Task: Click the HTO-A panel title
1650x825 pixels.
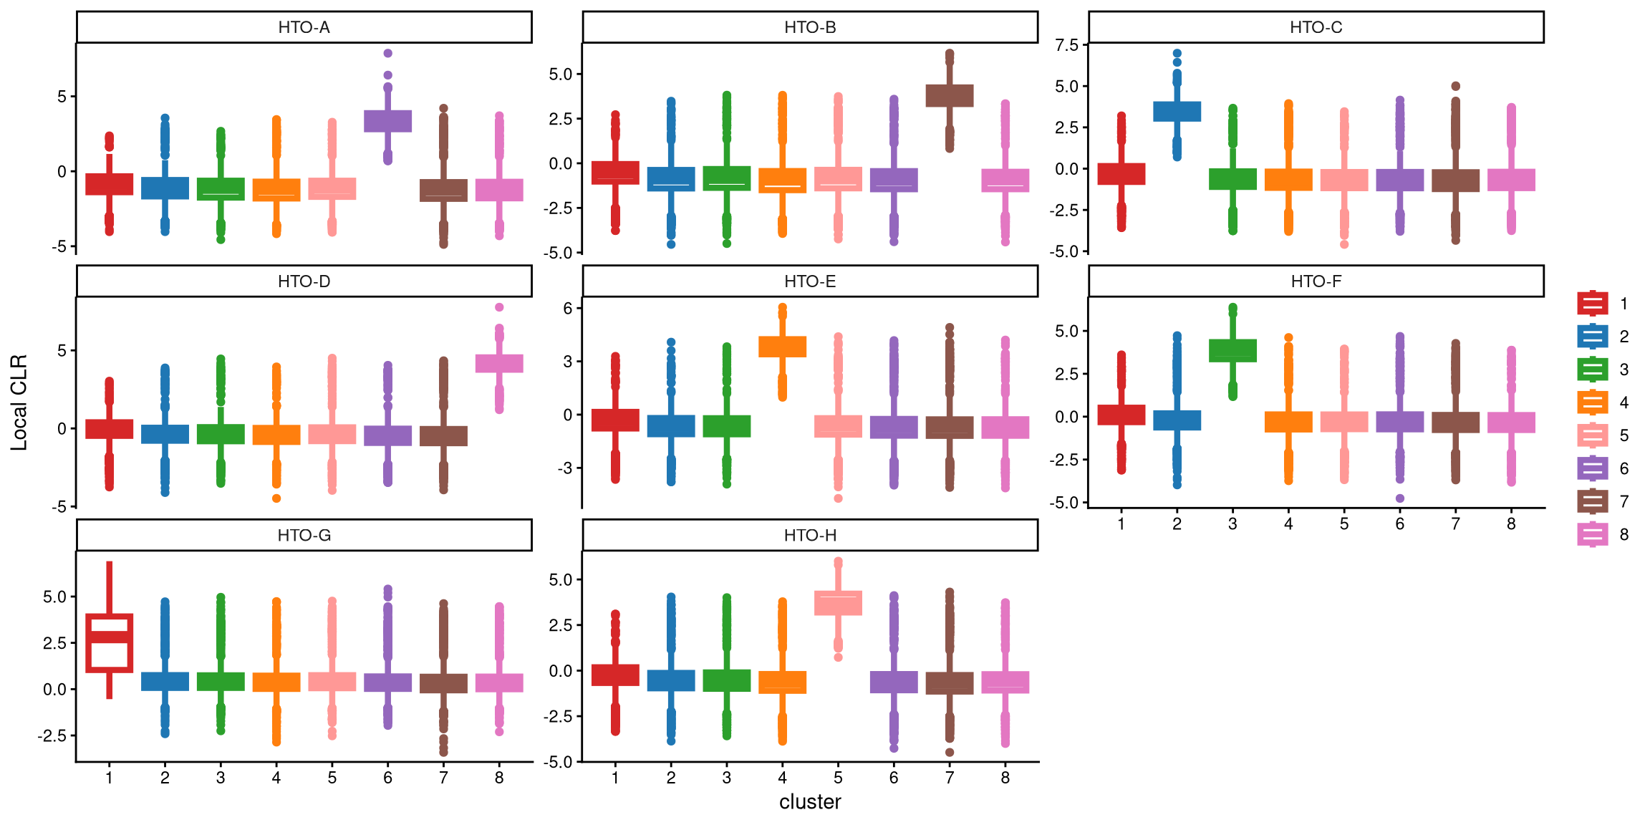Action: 304,27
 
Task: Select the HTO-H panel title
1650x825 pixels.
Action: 810,535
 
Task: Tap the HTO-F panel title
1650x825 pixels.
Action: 1316,281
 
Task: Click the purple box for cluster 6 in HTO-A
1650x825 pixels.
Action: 387,121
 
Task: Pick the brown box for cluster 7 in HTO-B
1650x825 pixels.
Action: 950,96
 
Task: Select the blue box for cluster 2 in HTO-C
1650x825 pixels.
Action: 1177,111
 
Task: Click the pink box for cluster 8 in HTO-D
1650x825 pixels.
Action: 499,363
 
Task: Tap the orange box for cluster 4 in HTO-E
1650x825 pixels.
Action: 782,347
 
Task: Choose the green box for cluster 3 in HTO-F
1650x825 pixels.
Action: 1232,350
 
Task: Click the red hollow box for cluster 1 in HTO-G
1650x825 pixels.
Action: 109,643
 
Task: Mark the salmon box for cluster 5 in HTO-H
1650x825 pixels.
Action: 838,603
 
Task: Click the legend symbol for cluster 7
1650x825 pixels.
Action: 1592,501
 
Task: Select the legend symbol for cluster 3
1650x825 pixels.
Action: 1592,370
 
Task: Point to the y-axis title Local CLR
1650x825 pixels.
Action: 19,402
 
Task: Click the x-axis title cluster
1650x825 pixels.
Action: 810,801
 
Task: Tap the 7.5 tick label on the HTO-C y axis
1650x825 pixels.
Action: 1066,46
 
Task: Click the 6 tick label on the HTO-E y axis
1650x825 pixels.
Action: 568,308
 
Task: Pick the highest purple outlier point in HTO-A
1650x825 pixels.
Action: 387,53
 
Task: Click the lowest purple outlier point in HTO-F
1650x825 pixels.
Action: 1399,498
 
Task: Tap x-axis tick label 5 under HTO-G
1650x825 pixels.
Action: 332,778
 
